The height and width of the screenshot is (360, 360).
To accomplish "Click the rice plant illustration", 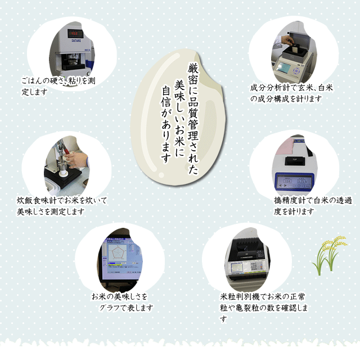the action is (329, 255).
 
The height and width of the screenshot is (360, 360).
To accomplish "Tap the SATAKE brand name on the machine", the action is (76, 40).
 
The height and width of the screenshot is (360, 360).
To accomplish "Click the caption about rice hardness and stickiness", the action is (58, 86).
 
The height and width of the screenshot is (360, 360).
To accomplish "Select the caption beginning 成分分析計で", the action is (291, 93).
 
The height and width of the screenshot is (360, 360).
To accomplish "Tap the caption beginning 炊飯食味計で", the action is (62, 206).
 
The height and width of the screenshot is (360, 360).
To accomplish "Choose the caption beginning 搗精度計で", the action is (313, 205).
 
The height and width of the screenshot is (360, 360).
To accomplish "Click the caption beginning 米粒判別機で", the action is (264, 307).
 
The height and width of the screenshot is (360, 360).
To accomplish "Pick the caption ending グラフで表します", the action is (122, 302).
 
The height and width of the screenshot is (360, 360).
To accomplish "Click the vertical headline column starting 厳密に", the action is (193, 118).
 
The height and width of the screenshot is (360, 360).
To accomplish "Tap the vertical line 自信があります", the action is (166, 124).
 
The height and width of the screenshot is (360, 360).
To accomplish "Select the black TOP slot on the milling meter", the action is (294, 161).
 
